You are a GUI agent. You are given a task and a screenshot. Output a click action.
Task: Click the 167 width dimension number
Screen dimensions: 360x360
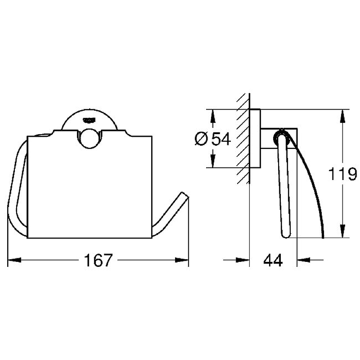(98, 260)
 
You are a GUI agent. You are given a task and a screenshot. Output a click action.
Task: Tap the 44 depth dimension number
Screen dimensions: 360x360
(273, 261)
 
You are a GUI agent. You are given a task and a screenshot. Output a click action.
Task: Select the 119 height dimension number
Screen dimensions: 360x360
(343, 174)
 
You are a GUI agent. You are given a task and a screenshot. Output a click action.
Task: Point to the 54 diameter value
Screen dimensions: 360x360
(221, 139)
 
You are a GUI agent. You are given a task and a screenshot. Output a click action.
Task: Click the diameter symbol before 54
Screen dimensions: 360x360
(201, 139)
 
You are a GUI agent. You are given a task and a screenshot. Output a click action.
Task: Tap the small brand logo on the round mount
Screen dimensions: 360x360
(90, 120)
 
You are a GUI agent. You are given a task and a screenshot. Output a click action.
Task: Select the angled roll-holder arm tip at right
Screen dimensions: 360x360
(185, 195)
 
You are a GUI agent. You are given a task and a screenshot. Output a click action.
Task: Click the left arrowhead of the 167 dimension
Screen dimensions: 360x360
(14, 260)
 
